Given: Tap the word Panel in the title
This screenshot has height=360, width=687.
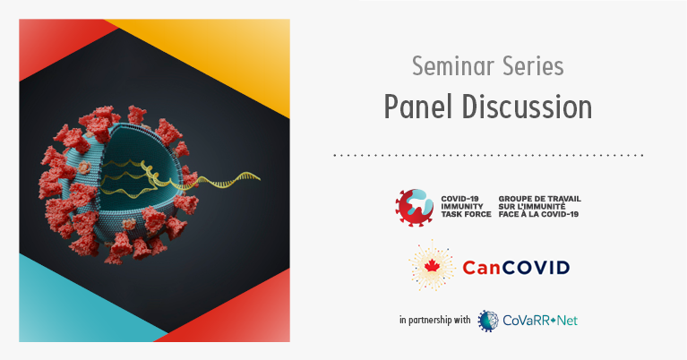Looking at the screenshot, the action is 418,107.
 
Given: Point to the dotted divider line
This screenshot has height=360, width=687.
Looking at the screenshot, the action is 488,155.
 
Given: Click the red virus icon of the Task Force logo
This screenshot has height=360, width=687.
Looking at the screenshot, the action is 414,207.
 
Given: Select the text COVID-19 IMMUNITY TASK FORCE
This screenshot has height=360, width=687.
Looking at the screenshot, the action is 466,206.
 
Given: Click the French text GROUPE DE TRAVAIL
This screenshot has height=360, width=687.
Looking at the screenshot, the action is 540,199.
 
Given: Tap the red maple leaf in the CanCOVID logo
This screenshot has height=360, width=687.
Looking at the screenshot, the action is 432,266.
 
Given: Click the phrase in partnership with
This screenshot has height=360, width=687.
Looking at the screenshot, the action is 434,320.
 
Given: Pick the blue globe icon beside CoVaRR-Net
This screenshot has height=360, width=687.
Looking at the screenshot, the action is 488,321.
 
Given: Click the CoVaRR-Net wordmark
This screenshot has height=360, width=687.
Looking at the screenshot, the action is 540,321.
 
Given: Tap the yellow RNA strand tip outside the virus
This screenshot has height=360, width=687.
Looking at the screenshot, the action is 259,178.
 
